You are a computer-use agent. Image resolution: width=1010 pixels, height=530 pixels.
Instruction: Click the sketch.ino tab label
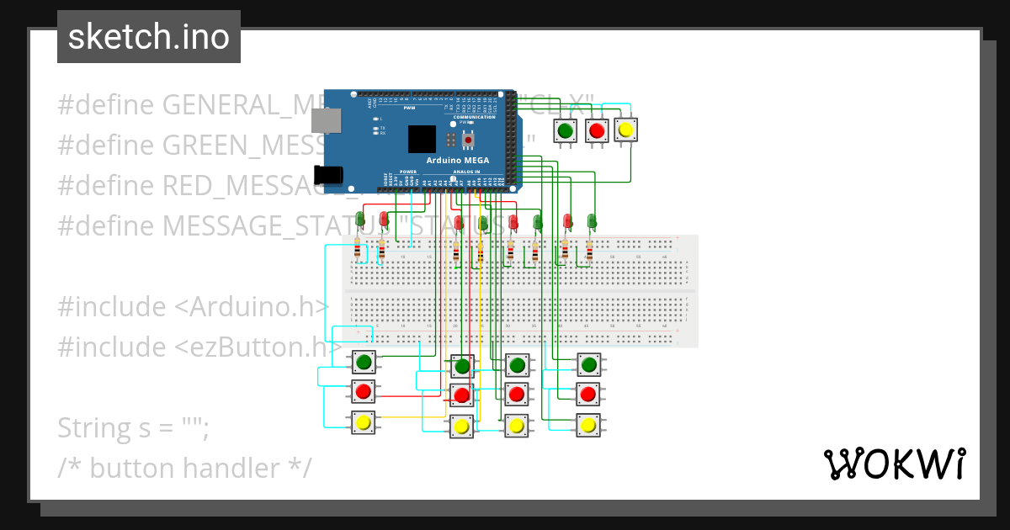click(149, 37)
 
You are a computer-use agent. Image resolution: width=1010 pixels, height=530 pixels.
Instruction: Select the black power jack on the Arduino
click(327, 174)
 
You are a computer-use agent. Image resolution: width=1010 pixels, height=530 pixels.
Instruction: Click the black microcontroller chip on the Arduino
click(423, 139)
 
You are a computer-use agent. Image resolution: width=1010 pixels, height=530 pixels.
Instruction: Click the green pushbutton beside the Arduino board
click(566, 130)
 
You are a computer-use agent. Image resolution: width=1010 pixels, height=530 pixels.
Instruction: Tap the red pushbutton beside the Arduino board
click(597, 130)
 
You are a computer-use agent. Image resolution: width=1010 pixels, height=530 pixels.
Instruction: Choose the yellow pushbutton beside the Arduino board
click(625, 130)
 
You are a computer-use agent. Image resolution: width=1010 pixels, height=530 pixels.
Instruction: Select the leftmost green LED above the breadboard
click(360, 220)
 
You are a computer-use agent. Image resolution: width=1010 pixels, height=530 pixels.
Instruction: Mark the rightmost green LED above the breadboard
click(592, 220)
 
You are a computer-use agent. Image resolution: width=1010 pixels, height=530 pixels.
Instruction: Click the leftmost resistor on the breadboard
click(359, 250)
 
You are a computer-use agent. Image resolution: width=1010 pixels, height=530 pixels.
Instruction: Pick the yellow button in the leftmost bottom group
click(364, 422)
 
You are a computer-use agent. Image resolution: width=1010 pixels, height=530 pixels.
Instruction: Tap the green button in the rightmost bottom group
click(588, 364)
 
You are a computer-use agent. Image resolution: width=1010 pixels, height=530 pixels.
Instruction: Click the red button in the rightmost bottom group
click(588, 394)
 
